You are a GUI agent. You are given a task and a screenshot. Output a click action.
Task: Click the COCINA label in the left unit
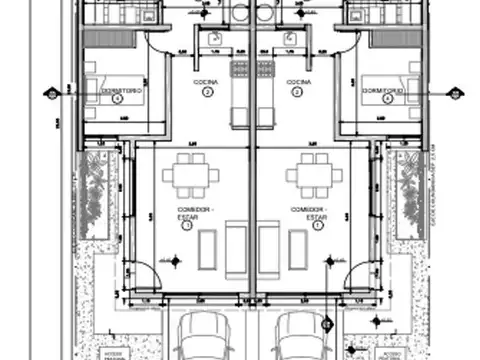(208, 82)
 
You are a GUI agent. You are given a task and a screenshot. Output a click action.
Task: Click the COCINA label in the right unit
(296, 82)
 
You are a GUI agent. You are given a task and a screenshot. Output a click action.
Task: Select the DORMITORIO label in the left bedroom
(119, 90)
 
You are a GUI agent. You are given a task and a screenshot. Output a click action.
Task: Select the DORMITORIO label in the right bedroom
(384, 90)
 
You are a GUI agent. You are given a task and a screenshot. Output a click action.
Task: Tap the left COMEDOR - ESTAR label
(185, 213)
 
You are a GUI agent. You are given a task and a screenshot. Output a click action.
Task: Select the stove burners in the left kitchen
(239, 70)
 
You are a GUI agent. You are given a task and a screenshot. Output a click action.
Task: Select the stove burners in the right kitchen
(266, 70)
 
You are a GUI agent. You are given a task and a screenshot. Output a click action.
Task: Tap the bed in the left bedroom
(105, 88)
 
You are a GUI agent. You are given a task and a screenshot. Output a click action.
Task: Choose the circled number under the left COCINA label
(208, 93)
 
